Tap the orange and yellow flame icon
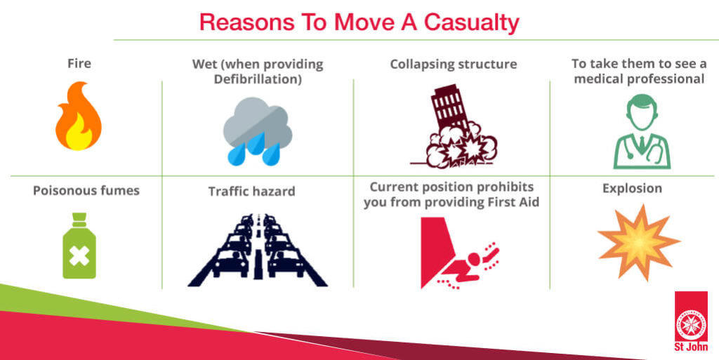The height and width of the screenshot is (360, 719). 79,116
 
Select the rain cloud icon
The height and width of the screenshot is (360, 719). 257,131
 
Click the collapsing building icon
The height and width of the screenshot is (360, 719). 454,126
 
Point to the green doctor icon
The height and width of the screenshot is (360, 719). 642,131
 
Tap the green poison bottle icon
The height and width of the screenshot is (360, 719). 79,246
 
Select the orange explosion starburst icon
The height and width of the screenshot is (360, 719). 638,242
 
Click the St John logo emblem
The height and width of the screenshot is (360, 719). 691,321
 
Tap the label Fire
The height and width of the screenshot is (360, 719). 79,63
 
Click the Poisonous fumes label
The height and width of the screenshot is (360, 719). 86,191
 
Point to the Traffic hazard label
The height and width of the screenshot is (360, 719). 252,191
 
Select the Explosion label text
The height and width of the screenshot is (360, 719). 633,189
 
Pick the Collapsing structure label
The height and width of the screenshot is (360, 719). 454,65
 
